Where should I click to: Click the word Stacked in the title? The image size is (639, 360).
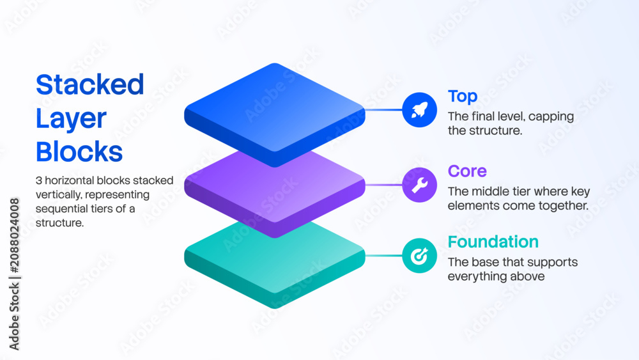click(89, 84)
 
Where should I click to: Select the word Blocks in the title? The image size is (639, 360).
click(79, 152)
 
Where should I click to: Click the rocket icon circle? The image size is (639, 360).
click(419, 110)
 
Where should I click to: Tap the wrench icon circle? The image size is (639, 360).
click(419, 185)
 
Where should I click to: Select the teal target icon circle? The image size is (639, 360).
click(419, 256)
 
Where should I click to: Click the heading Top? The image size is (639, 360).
click(463, 97)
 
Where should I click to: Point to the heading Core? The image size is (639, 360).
click(467, 171)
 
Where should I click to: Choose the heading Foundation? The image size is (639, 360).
click(493, 242)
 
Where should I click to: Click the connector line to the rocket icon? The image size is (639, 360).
click(383, 110)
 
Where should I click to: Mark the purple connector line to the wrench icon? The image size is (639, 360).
click(383, 185)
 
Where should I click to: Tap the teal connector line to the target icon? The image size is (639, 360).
click(383, 256)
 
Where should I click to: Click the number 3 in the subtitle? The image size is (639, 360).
click(39, 180)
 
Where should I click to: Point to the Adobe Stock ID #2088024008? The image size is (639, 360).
click(15, 236)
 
